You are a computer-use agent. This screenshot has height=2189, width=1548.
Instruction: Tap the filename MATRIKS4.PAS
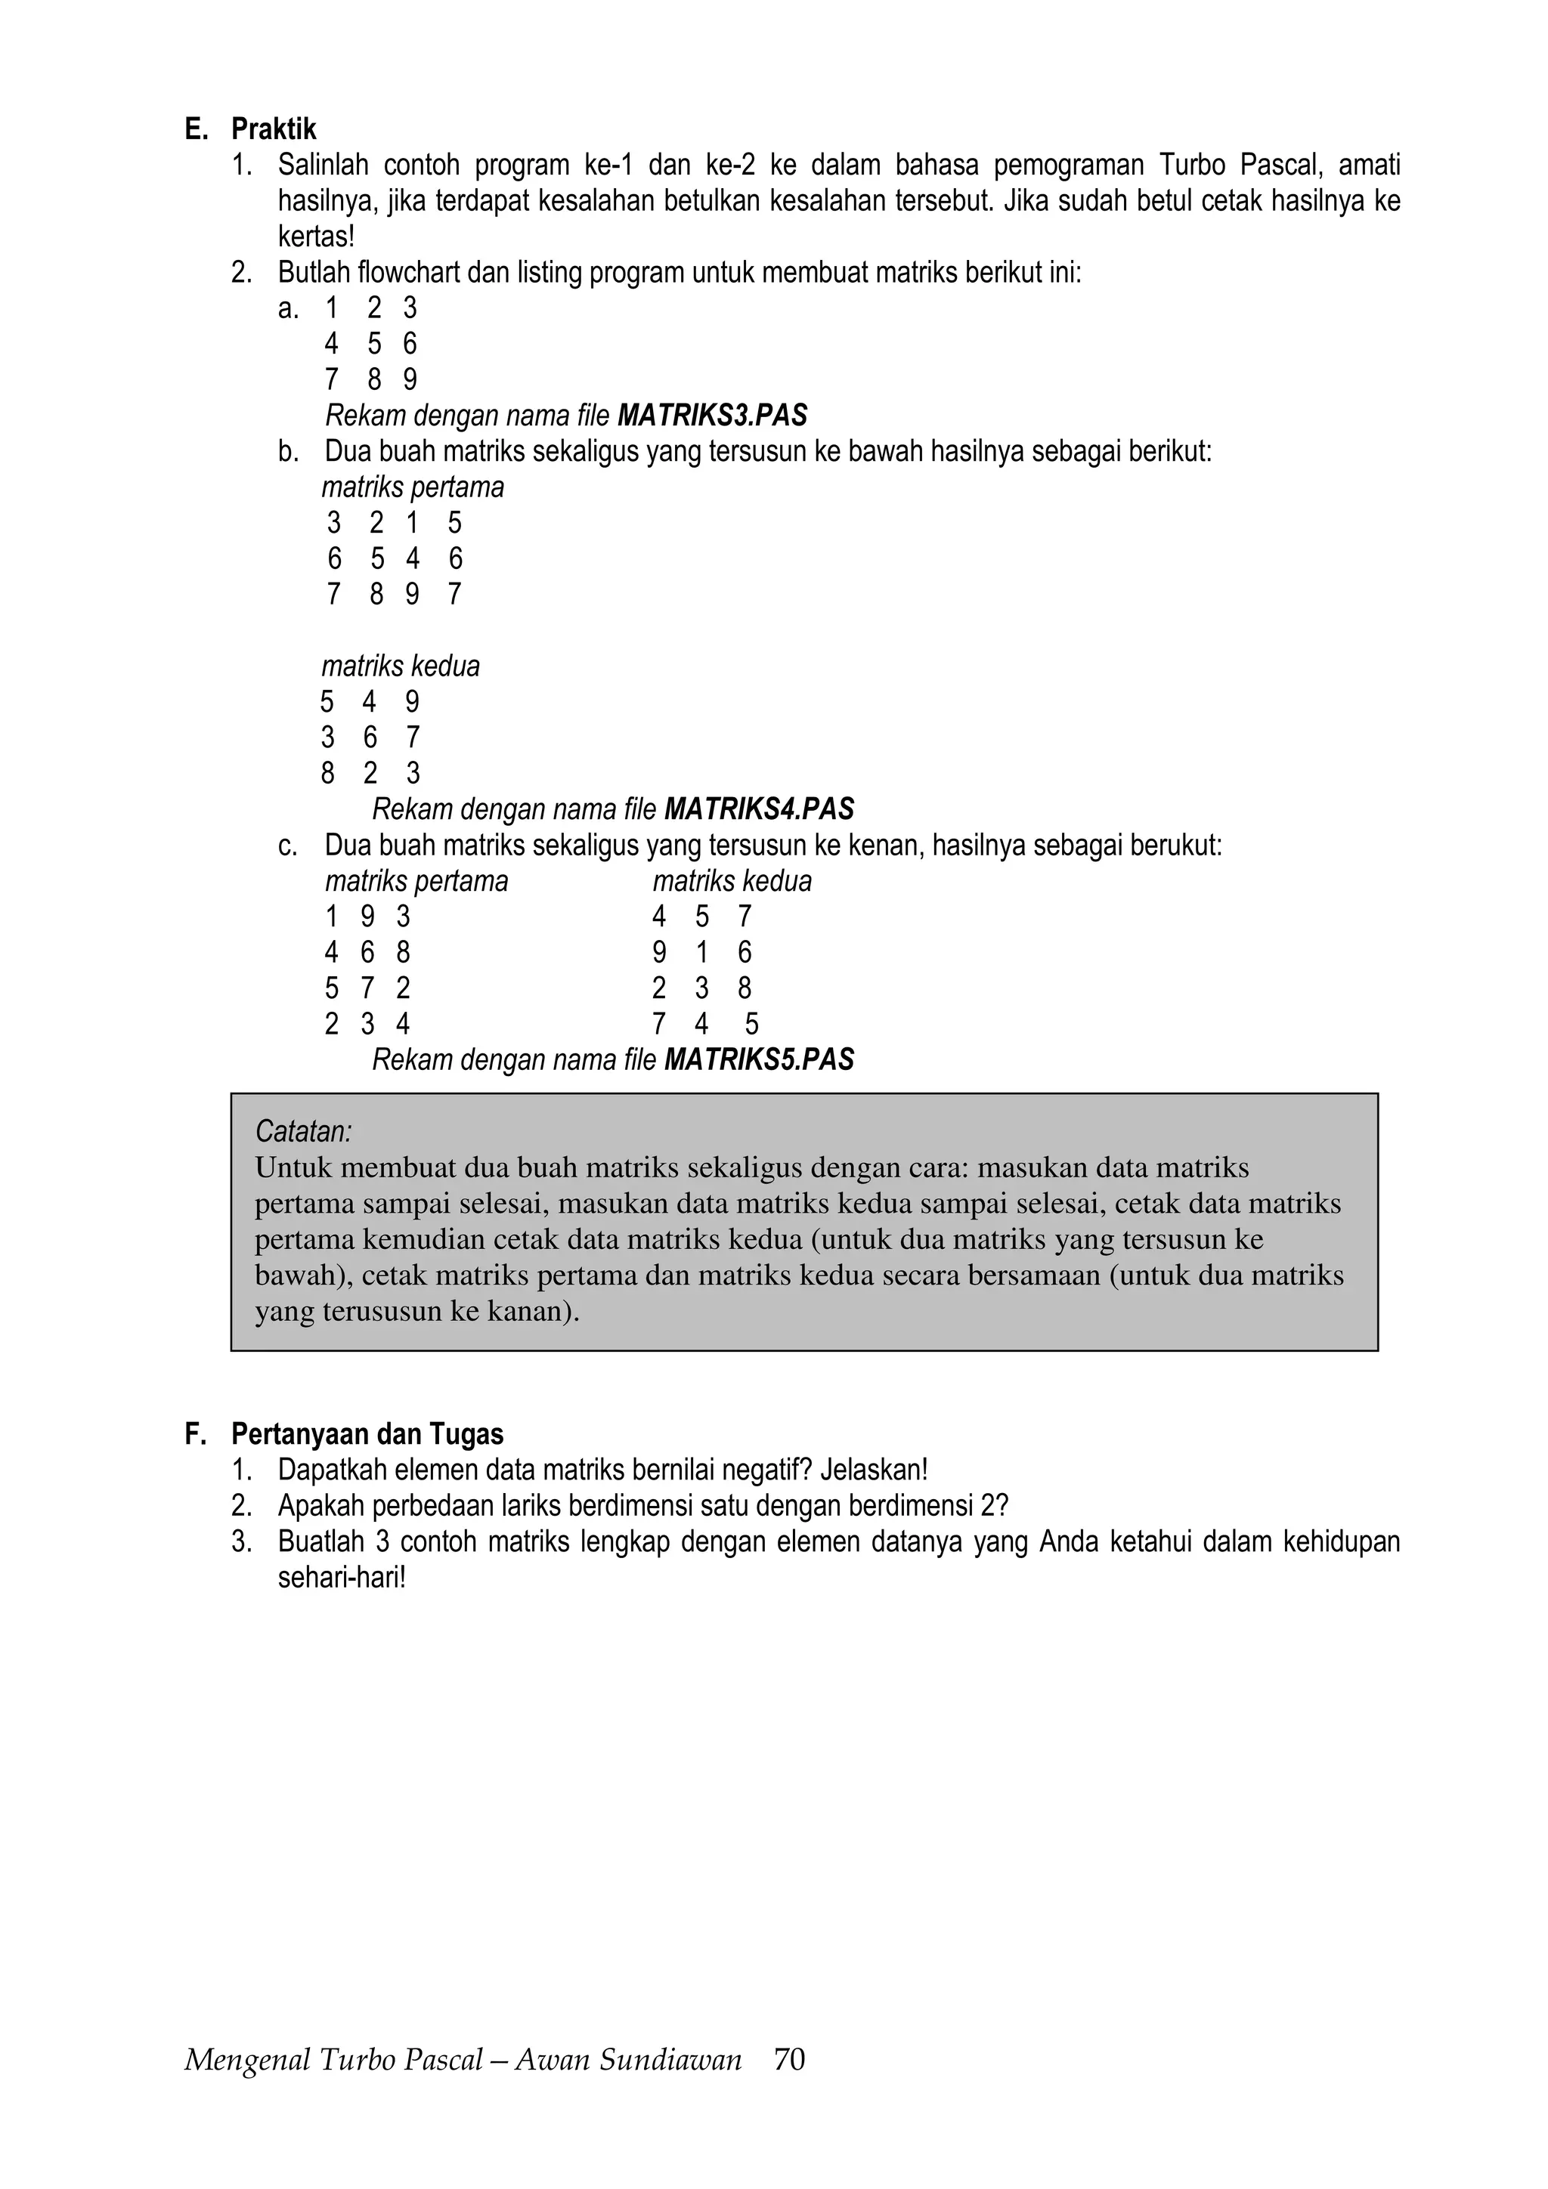[758, 809]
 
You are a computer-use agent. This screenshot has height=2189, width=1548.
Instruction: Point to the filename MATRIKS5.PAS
[758, 1059]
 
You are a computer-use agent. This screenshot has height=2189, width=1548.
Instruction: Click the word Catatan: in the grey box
[303, 1132]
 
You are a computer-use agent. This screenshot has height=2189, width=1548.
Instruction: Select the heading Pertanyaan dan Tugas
[367, 1434]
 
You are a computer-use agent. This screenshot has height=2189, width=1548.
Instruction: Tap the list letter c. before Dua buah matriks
[287, 846]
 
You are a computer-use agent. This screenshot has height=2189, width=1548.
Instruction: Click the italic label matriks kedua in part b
[400, 666]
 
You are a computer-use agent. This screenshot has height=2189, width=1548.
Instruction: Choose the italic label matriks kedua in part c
[732, 881]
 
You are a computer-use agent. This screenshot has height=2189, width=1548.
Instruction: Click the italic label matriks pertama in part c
[416, 881]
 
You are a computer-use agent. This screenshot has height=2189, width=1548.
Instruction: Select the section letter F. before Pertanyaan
[196, 1434]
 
